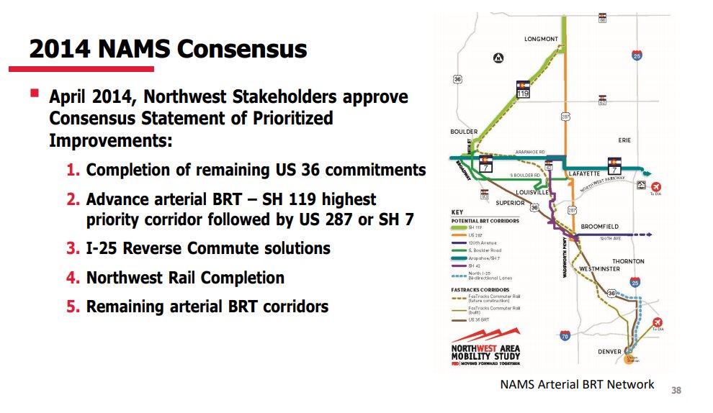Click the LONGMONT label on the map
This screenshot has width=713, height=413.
click(542, 39)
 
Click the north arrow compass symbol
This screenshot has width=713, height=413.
click(497, 58)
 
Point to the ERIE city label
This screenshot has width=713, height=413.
click(624, 140)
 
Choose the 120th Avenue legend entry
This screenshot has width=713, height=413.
click(479, 242)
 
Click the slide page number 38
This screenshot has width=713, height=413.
click(676, 391)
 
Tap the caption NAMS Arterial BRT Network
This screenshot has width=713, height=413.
click(577, 384)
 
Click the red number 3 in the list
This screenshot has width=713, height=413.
click(72, 248)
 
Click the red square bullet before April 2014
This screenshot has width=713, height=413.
click(34, 94)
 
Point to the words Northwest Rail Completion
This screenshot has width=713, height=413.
click(185, 277)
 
